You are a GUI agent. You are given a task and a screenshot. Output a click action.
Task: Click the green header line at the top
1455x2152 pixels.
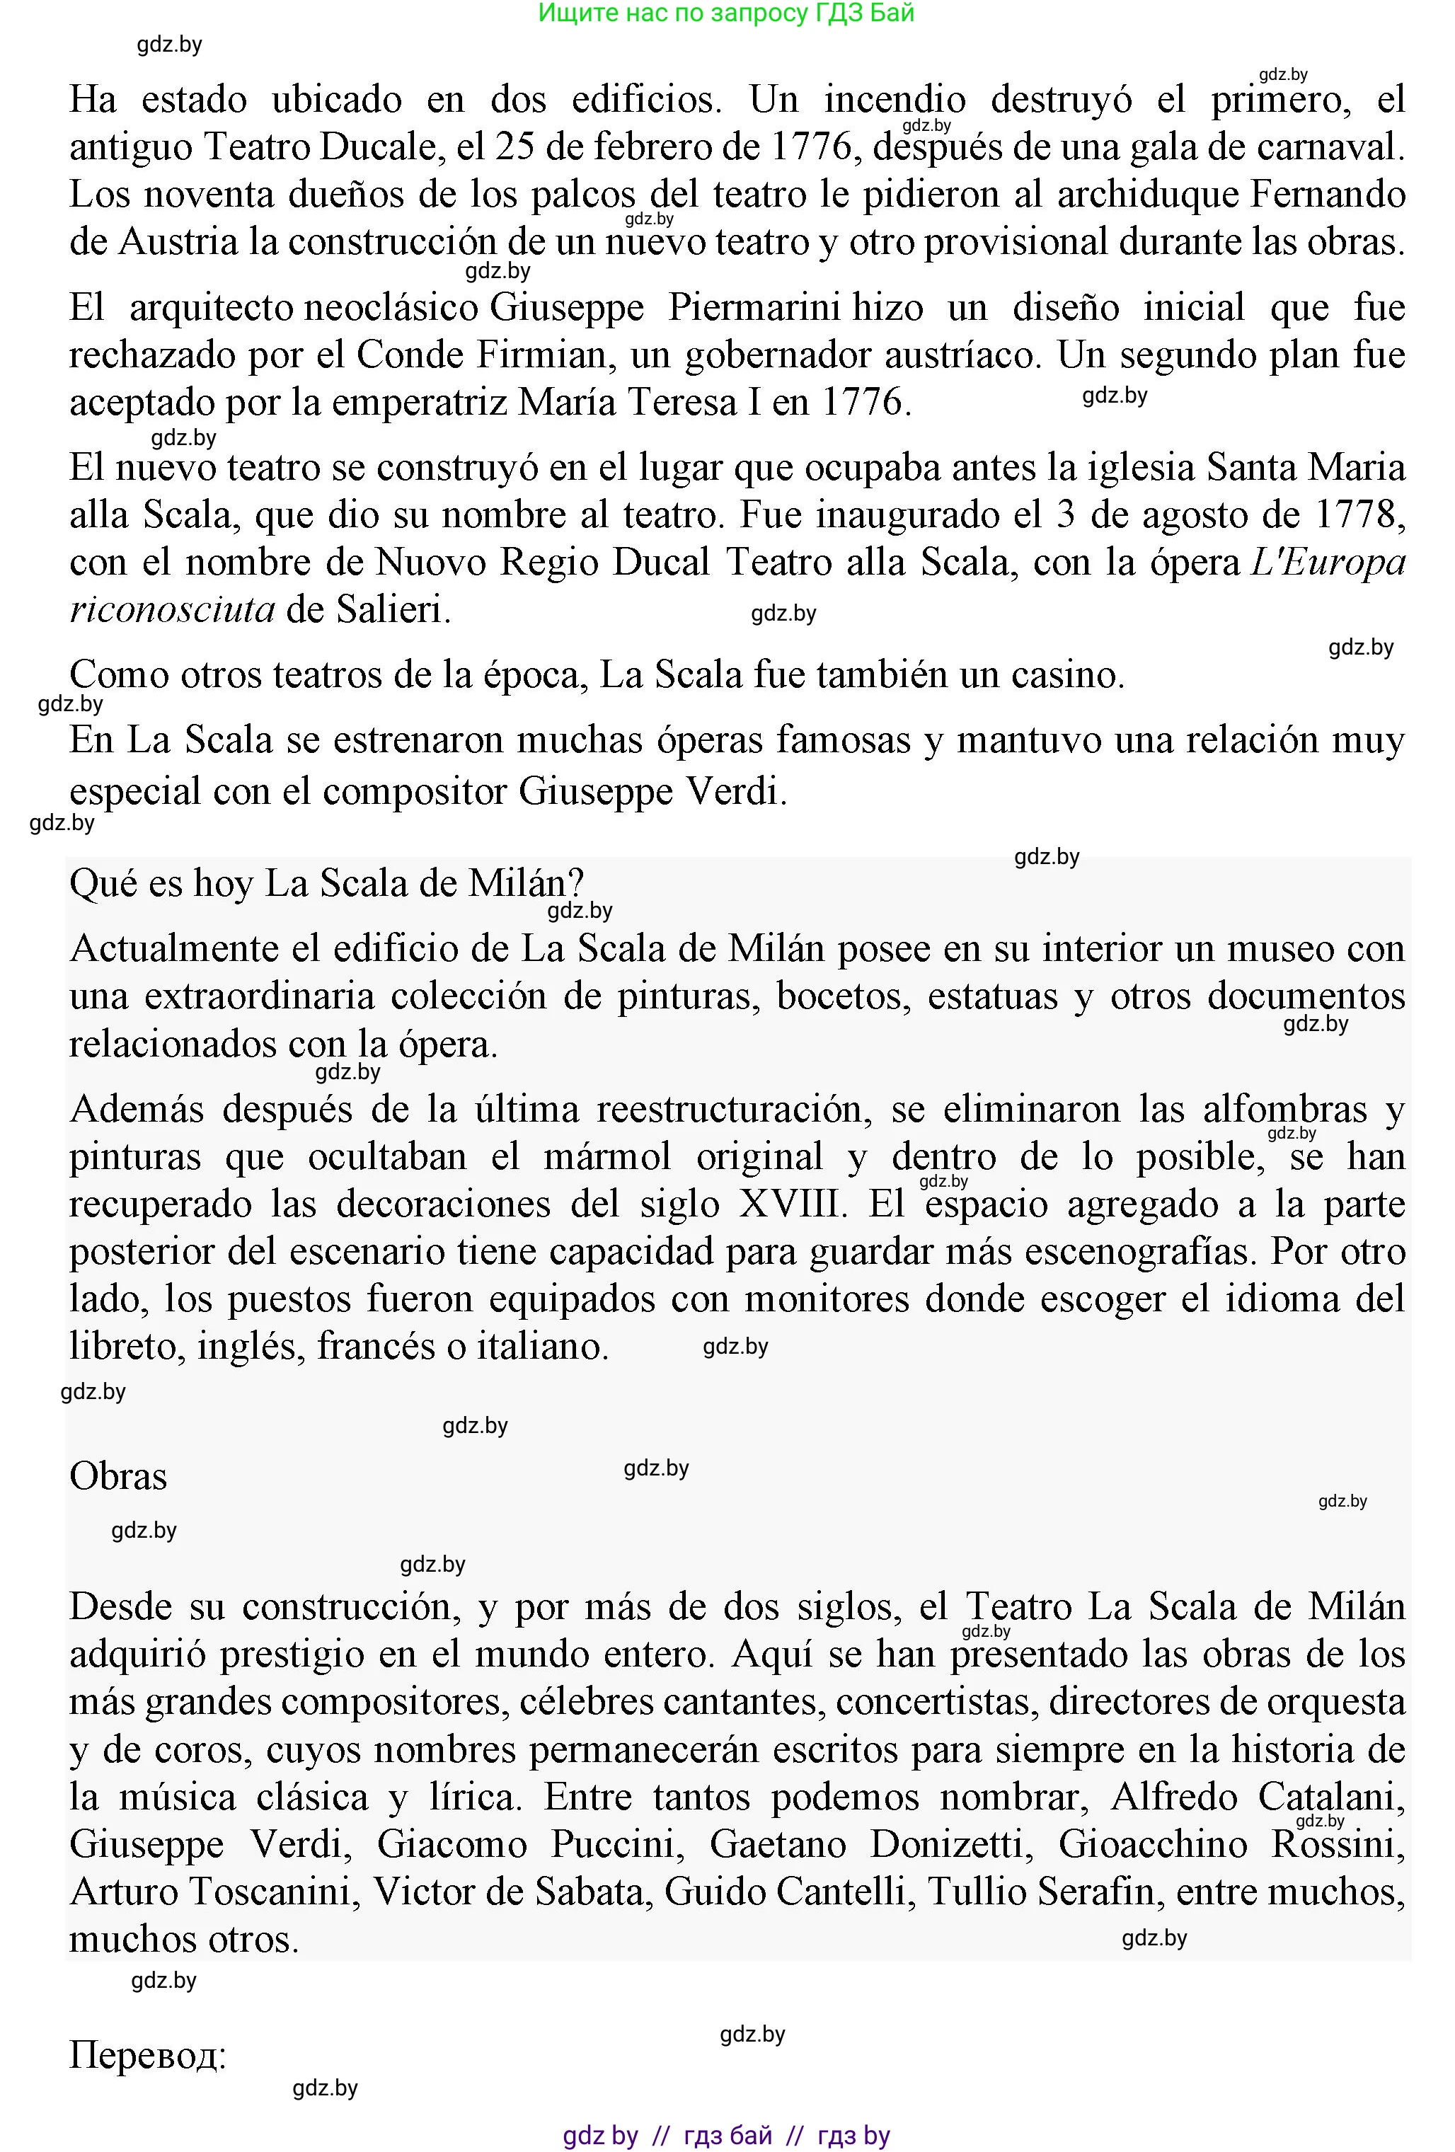point(726,13)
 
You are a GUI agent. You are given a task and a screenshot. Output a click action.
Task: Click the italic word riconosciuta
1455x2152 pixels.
point(171,609)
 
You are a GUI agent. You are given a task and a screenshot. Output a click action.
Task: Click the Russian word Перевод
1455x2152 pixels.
point(147,2056)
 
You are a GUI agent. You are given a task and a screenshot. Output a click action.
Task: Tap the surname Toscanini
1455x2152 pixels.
point(274,1892)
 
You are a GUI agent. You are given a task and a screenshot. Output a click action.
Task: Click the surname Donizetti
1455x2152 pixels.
point(951,1845)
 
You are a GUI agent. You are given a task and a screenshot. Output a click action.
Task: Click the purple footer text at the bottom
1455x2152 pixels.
point(726,2135)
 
